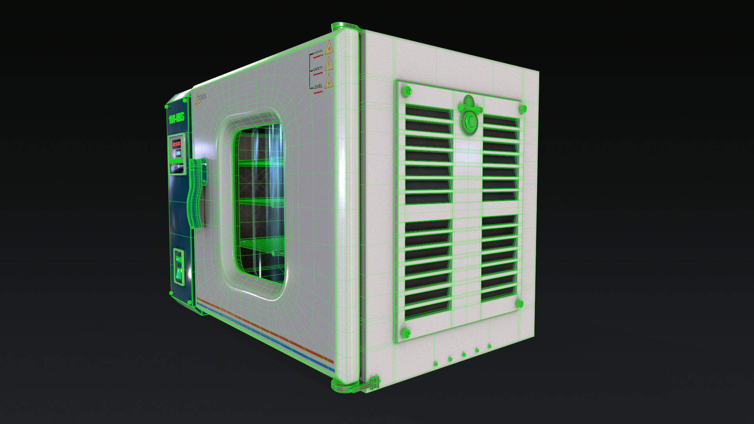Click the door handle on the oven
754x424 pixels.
[x=198, y=192]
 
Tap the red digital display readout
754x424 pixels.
[x=176, y=144]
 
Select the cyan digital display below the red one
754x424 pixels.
[x=178, y=153]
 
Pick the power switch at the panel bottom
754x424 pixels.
[x=179, y=267]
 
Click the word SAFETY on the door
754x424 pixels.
[x=318, y=69]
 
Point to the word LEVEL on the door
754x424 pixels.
[x=318, y=86]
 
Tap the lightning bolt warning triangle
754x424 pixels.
[x=328, y=64]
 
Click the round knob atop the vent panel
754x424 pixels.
[x=469, y=116]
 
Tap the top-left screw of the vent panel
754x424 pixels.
[x=406, y=91]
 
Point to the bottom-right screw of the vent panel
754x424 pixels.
[x=519, y=303]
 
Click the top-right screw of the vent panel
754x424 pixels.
[x=522, y=108]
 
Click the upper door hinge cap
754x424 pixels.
[x=345, y=27]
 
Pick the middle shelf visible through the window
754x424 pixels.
[x=261, y=202]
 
